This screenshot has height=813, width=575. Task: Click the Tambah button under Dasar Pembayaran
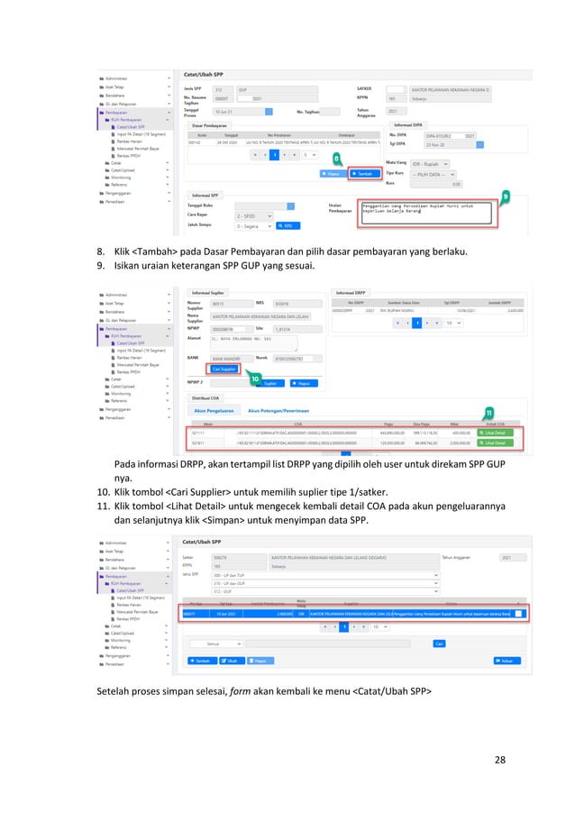pos(363,174)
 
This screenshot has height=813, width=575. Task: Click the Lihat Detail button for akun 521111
pos(494,434)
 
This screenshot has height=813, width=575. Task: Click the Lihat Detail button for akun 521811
pos(494,444)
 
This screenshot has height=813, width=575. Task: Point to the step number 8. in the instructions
pos(101,251)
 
